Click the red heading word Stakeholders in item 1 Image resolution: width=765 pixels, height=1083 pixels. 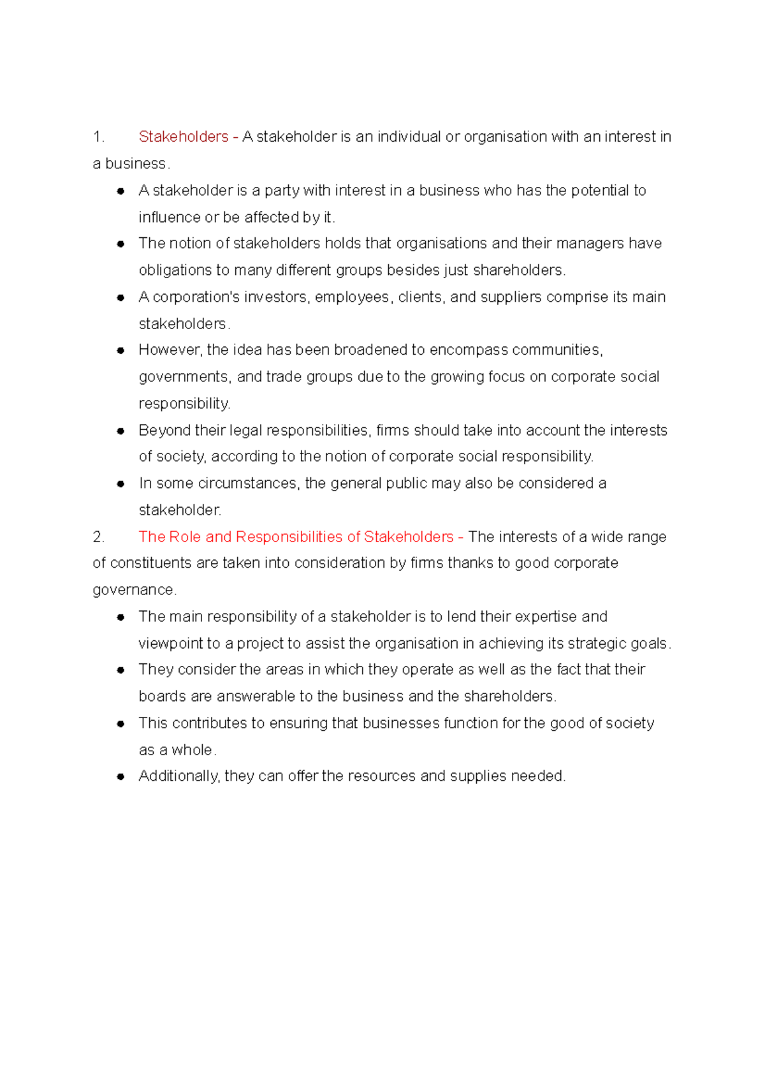(x=183, y=136)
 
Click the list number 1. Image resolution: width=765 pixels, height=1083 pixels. (x=98, y=136)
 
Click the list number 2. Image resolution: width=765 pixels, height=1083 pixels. (x=98, y=536)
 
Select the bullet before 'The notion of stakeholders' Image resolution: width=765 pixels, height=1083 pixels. (x=120, y=244)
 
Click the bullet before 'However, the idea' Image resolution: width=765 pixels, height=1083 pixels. (x=120, y=350)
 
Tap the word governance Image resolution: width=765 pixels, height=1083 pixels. (x=133, y=590)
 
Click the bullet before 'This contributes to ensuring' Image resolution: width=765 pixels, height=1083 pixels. (x=120, y=723)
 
